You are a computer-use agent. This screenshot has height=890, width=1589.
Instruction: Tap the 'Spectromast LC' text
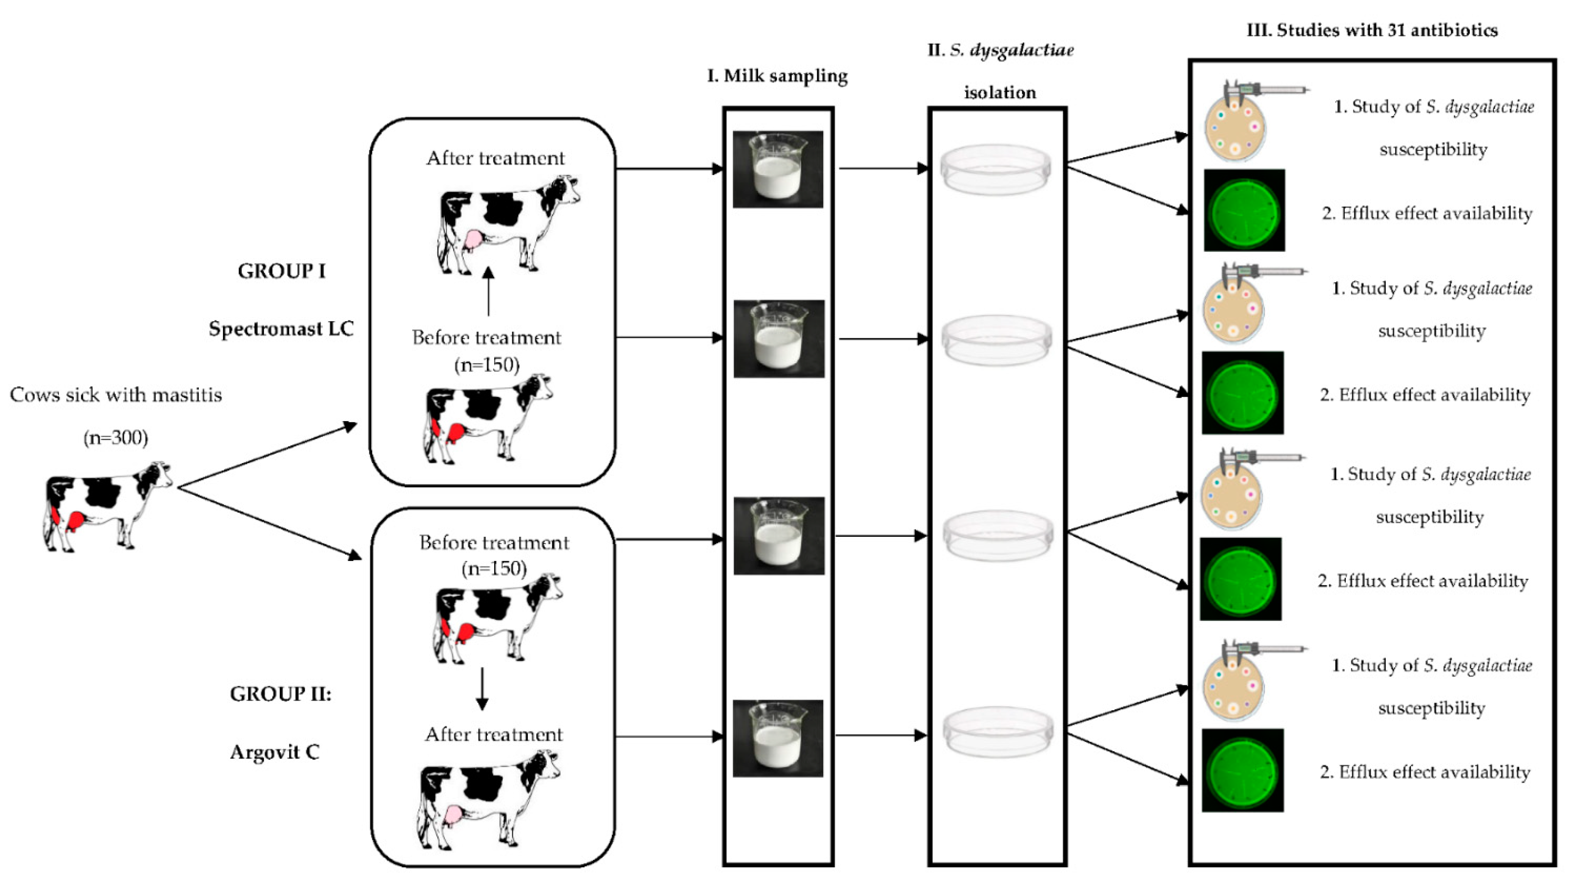pyautogui.click(x=281, y=329)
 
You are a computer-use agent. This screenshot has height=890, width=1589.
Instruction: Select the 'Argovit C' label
pyautogui.click(x=275, y=752)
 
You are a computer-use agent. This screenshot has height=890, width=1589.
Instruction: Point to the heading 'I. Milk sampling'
pyautogui.click(x=777, y=76)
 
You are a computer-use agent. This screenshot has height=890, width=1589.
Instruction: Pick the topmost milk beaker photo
pyautogui.click(x=778, y=169)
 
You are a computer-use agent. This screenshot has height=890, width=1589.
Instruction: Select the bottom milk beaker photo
pyautogui.click(x=778, y=738)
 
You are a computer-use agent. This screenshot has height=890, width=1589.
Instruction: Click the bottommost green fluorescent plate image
pyautogui.click(x=1242, y=770)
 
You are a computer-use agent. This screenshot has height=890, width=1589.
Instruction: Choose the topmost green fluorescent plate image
pyautogui.click(x=1244, y=210)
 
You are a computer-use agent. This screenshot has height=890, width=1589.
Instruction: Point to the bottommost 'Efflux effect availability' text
pyautogui.click(x=1425, y=772)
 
